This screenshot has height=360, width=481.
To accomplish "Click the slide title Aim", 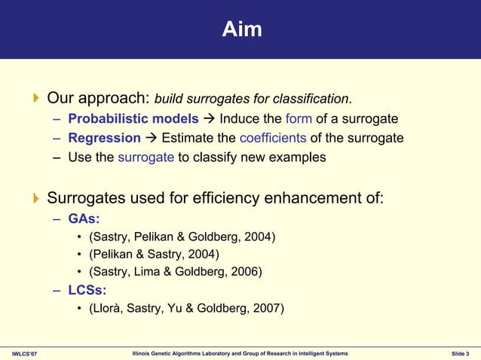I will coord(242,29).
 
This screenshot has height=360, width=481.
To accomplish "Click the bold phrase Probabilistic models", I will coord(133,119).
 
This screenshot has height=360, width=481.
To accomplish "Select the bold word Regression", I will coord(104,138).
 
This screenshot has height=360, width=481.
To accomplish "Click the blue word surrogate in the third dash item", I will coord(146,157).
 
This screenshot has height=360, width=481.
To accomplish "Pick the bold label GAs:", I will coord(84,219).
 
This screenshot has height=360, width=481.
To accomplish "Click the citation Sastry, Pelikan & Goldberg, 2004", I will coord(182,238).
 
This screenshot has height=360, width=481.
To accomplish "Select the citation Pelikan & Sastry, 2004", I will coord(154,255).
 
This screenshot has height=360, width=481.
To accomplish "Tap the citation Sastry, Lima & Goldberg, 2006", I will coord(176,271).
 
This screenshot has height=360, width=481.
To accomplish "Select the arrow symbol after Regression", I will coord(151,138).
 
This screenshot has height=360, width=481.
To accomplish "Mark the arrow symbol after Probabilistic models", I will coord(209,119).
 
